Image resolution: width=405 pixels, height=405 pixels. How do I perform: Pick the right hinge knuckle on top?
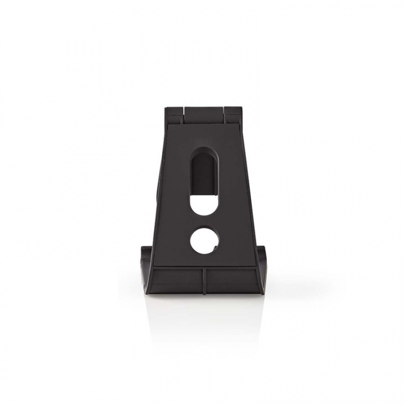[233, 113]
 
